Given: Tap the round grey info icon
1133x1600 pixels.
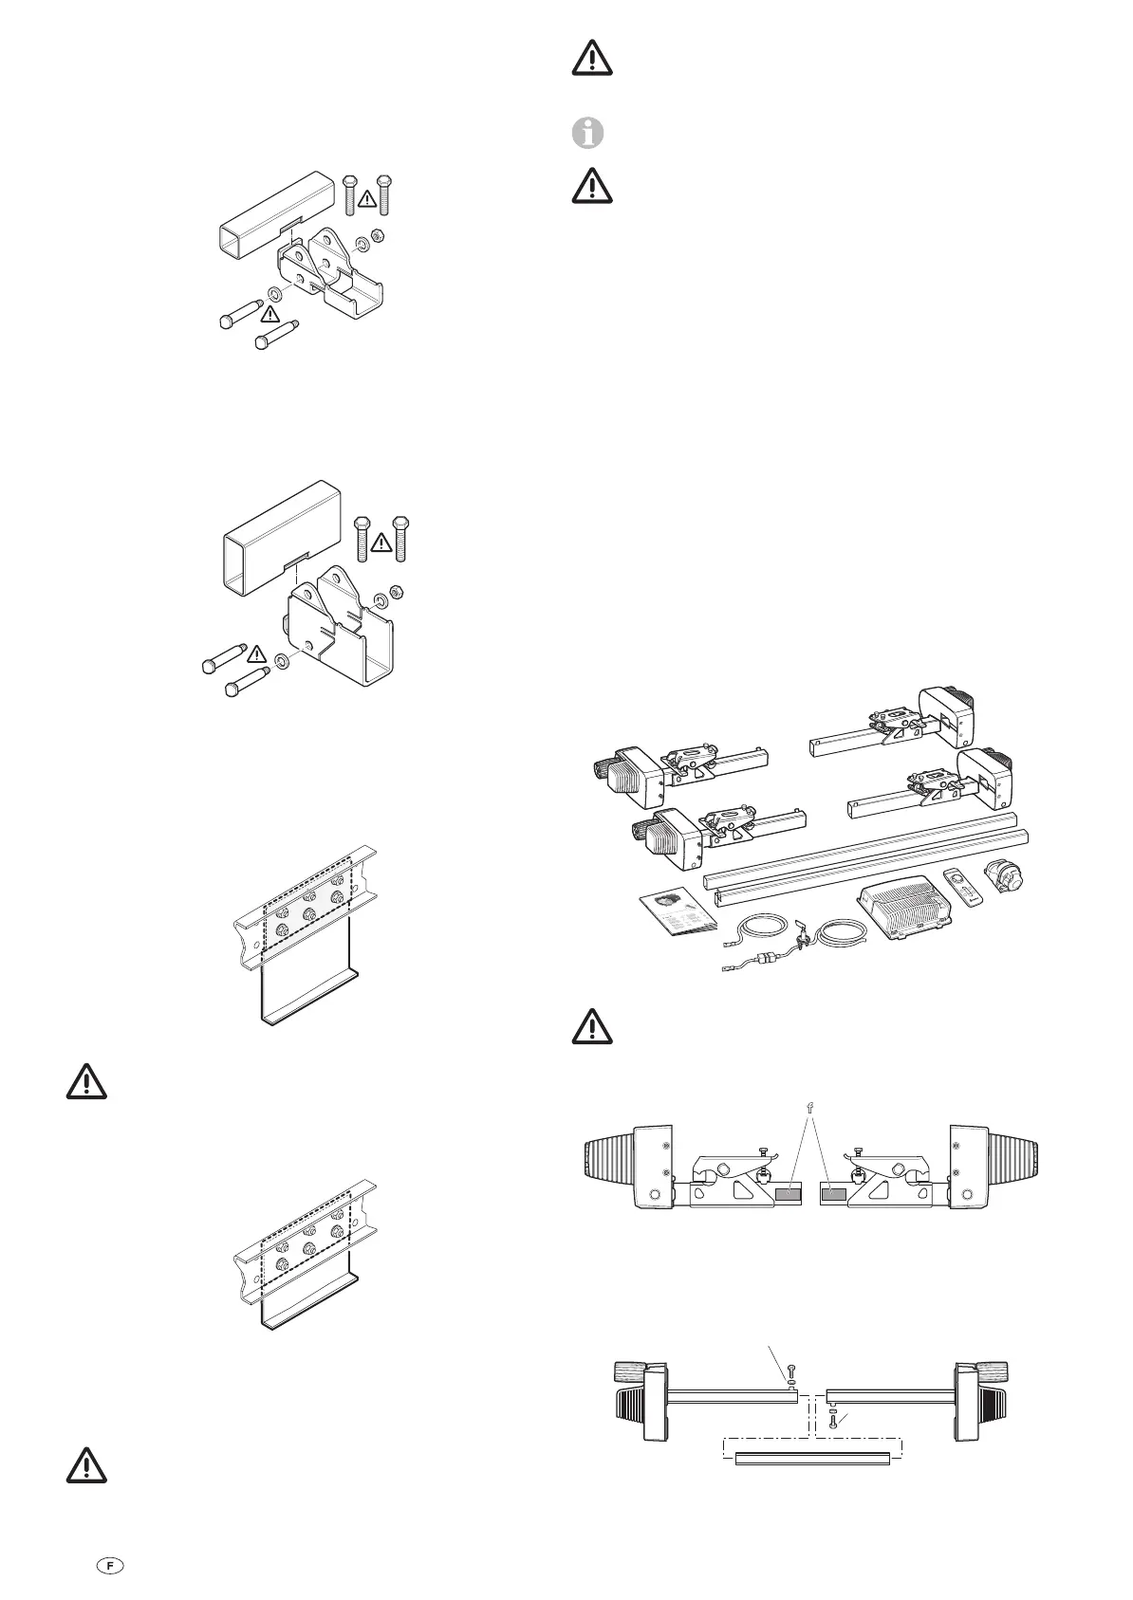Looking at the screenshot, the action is [x=589, y=134].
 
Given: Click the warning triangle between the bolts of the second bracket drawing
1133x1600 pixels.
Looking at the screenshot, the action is [x=381, y=542].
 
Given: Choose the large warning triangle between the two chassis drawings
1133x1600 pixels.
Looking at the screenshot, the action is [x=86, y=1082].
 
